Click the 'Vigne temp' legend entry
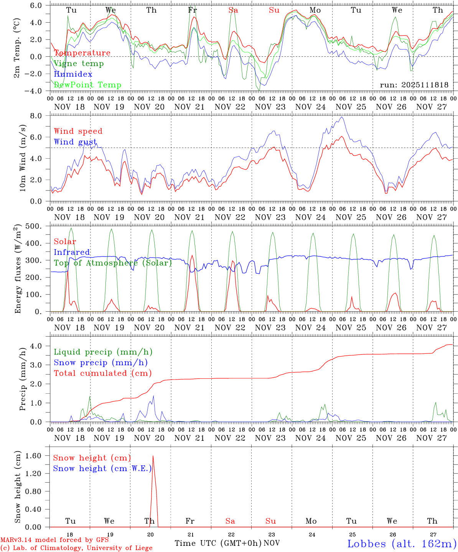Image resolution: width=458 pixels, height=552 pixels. (x=79, y=64)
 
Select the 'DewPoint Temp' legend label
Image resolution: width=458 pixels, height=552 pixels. (x=87, y=85)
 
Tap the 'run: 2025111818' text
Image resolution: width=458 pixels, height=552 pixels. (x=414, y=85)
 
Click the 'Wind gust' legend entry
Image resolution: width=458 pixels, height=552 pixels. (x=75, y=142)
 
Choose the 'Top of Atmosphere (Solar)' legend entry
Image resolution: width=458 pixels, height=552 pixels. (x=113, y=263)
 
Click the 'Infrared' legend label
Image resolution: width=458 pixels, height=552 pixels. (x=72, y=252)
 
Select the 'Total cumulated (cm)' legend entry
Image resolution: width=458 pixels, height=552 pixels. (x=102, y=373)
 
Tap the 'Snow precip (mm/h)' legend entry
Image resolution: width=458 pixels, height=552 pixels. (x=100, y=363)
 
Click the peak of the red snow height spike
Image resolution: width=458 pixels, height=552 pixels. (x=153, y=456)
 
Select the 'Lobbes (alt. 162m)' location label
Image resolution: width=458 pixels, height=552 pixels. (x=402, y=544)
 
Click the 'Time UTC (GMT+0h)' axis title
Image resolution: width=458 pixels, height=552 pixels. (x=218, y=543)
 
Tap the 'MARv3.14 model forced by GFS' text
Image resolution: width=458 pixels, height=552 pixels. (x=54, y=540)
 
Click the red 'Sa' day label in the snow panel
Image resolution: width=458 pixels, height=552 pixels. (x=230, y=521)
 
